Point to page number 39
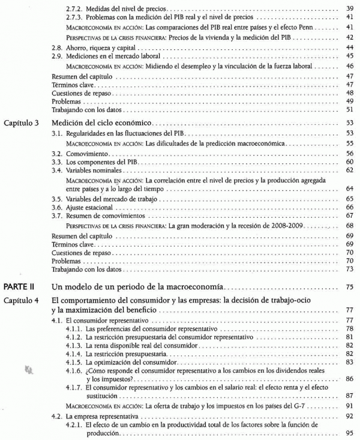[x=349, y=10]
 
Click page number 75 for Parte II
[x=349, y=288]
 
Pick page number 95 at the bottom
[x=349, y=433]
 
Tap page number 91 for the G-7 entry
[x=349, y=407]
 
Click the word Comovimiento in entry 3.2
[x=83, y=154]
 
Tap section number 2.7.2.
[x=76, y=10]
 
